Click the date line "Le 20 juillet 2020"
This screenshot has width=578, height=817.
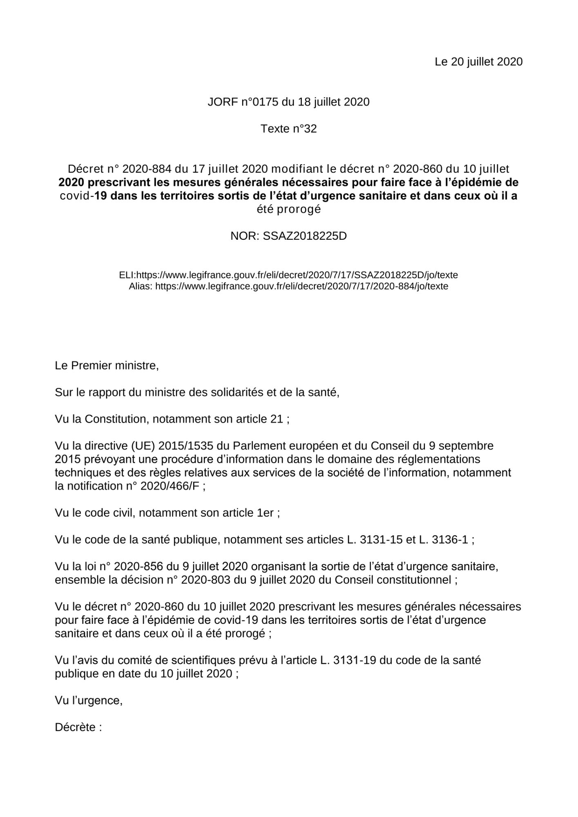478,62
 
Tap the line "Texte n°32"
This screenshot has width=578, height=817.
289,129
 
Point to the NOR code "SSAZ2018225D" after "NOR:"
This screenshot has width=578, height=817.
305,236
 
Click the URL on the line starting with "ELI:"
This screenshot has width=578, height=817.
297,275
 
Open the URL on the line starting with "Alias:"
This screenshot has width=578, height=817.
301,286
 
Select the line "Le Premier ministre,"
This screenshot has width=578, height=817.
107,366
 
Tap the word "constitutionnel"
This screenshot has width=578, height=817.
414,580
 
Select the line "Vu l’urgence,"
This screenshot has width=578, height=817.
89,701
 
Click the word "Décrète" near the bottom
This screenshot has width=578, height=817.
75,728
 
